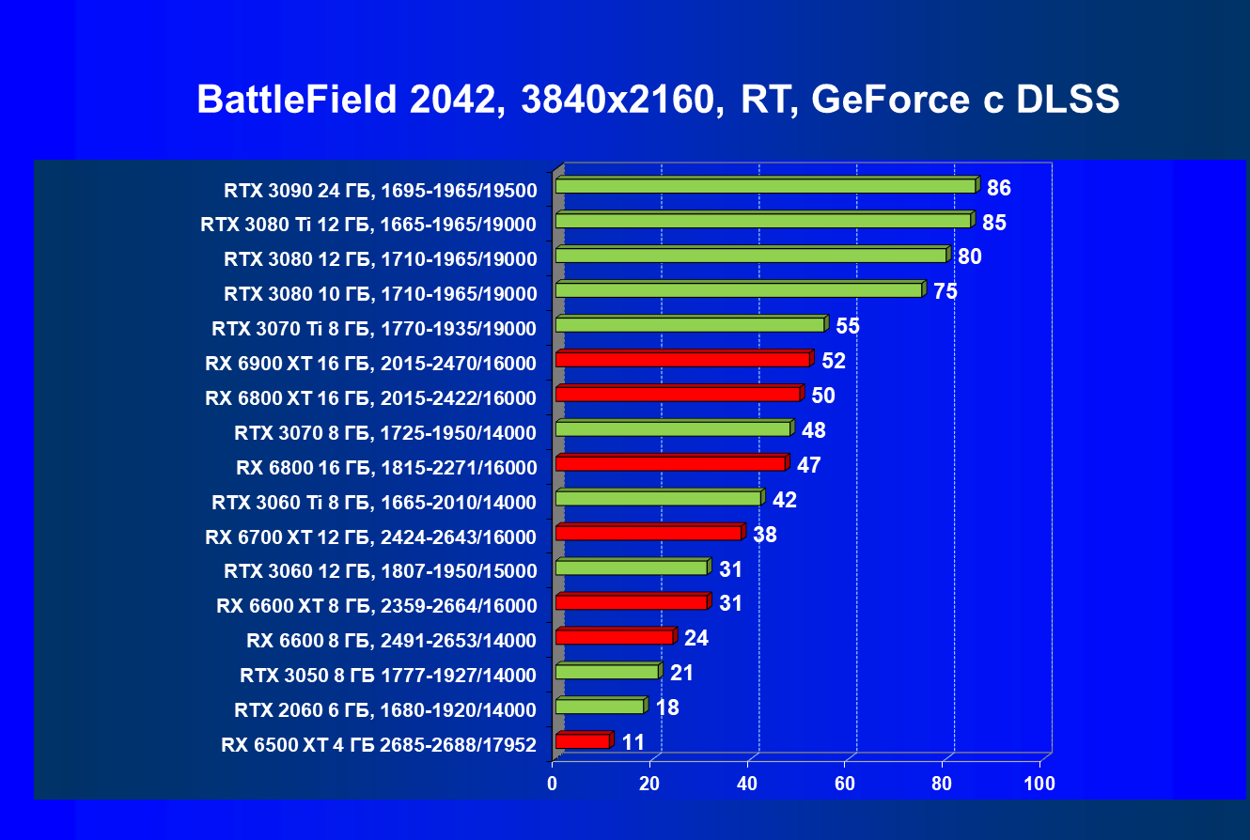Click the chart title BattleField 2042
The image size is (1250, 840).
click(658, 100)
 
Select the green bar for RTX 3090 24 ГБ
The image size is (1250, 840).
click(766, 186)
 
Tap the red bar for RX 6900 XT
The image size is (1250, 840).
click(683, 360)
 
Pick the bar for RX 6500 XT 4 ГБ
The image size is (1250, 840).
click(583, 741)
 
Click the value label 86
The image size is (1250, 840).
click(998, 188)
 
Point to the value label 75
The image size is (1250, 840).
click(945, 291)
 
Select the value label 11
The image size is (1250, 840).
click(633, 742)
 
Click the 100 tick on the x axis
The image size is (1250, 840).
click(1039, 784)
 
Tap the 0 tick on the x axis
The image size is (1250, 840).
click(553, 784)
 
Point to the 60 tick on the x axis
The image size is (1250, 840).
click(845, 784)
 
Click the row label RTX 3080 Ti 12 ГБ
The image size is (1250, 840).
click(368, 225)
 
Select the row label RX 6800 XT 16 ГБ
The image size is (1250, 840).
click(370, 398)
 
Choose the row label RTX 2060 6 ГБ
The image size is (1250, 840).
click(385, 710)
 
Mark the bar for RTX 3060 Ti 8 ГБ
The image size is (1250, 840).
click(659, 498)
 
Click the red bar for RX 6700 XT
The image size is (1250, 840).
click(648, 533)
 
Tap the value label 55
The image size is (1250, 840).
click(848, 326)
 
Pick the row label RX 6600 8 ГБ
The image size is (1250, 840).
click(391, 641)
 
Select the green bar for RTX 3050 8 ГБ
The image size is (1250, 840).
click(607, 672)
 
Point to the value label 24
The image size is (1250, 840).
click(696, 639)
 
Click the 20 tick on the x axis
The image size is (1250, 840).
click(650, 784)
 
